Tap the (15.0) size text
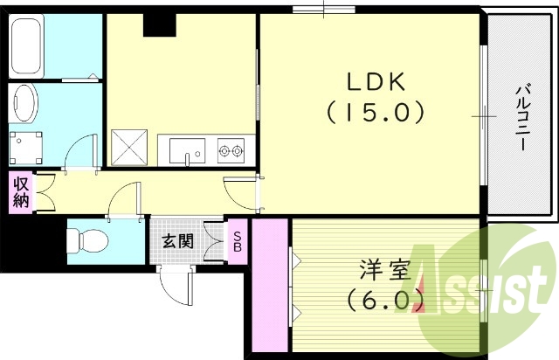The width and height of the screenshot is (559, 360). pos(376,112)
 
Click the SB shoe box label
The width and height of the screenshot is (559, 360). pos(236,240)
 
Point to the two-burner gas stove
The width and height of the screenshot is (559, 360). pos(231,152)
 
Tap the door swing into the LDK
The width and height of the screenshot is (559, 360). pos(240,190)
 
